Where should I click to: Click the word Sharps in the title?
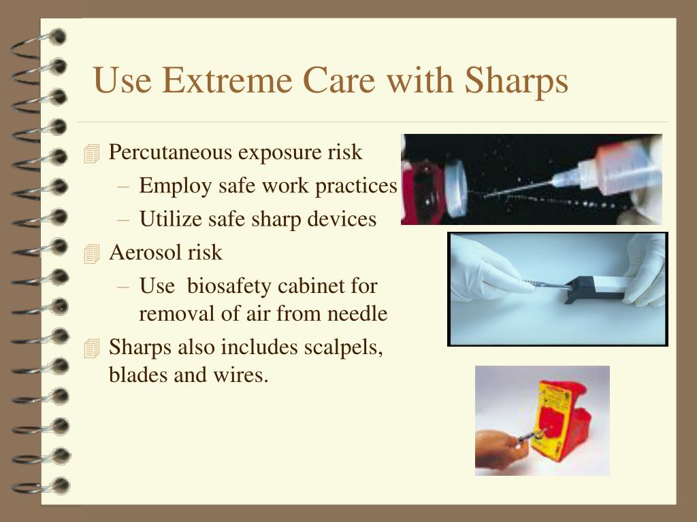(516, 82)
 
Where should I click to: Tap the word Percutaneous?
(170, 152)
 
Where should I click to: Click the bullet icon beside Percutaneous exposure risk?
(92, 154)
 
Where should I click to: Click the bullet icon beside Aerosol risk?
(92, 254)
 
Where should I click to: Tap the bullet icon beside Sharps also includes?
(92, 349)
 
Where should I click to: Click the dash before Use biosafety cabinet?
(123, 287)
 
